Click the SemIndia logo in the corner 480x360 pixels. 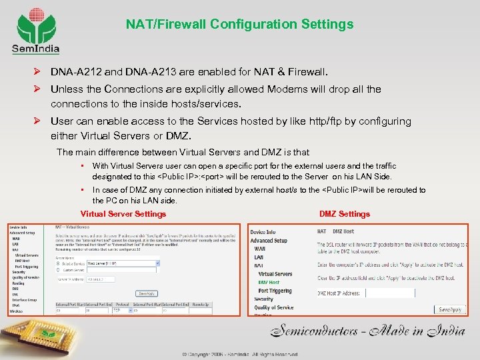click(x=35, y=29)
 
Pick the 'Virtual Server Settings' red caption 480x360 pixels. click(x=123, y=214)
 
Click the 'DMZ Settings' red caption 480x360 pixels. click(x=344, y=214)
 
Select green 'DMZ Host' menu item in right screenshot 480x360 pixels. click(x=269, y=283)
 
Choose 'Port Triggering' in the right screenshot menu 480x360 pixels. click(x=275, y=291)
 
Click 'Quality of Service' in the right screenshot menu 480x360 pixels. click(x=273, y=308)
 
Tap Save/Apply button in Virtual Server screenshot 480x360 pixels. click(x=147, y=293)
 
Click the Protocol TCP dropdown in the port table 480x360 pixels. click(x=122, y=310)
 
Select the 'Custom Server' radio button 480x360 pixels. click(x=59, y=269)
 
